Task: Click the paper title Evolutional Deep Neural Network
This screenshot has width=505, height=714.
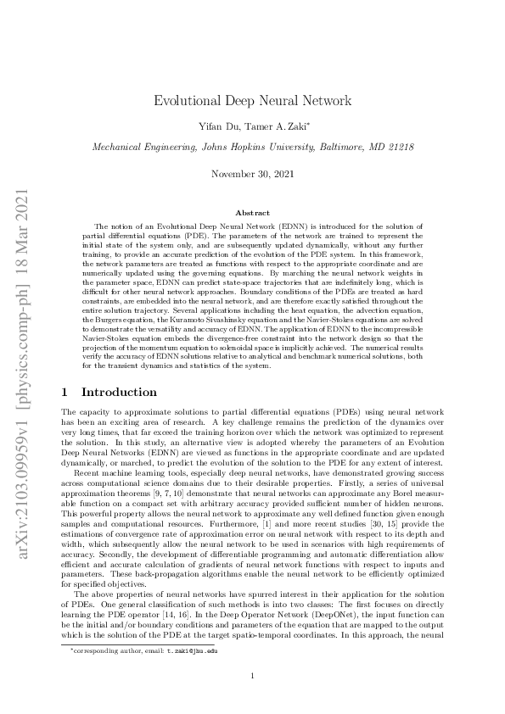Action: click(x=252, y=101)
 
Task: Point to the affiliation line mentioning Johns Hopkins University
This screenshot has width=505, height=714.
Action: click(x=252, y=147)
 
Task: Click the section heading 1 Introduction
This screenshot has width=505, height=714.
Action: click(x=109, y=393)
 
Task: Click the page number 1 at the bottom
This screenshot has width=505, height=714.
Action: click(x=252, y=674)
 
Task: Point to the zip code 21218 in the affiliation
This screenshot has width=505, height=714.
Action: click(x=397, y=147)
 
